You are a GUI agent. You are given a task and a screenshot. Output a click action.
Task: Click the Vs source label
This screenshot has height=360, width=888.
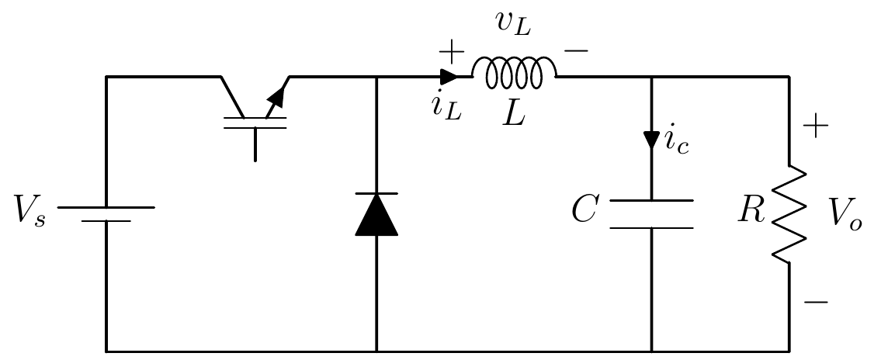click(x=30, y=213)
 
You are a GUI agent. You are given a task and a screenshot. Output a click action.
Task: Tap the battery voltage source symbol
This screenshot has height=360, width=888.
click(x=106, y=214)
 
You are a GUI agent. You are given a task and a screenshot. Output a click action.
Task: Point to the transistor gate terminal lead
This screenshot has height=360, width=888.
click(x=255, y=144)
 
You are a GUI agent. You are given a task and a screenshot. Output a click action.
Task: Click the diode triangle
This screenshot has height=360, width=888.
click(x=376, y=215)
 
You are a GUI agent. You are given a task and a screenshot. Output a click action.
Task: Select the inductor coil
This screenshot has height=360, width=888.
click(x=514, y=73)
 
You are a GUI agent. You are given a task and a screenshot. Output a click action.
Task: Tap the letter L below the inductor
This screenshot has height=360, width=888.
click(x=513, y=114)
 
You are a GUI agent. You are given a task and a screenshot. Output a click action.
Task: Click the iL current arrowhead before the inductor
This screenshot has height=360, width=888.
click(x=449, y=76)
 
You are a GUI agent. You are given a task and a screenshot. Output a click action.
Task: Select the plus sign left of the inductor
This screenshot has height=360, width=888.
click(x=451, y=52)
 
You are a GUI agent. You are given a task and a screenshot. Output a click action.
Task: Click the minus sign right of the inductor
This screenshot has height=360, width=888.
click(x=576, y=51)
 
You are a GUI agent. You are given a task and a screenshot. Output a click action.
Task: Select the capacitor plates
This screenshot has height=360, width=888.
click(x=651, y=214)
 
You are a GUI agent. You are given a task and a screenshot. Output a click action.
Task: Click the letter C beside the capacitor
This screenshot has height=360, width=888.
click(x=584, y=210)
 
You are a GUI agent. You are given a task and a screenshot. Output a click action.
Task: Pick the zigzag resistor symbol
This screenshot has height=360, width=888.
click(x=789, y=214)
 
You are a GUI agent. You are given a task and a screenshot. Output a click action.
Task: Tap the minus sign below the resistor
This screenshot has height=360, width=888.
click(x=816, y=302)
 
